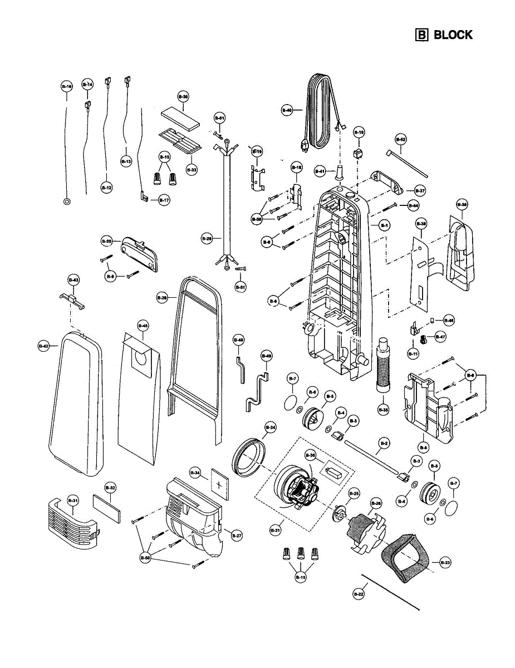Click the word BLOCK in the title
click(x=453, y=35)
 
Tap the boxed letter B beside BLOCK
click(x=422, y=35)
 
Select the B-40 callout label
click(x=287, y=110)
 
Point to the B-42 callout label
click(x=44, y=346)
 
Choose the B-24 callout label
click(x=270, y=428)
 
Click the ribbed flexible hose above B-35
click(x=383, y=367)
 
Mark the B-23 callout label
click(x=444, y=563)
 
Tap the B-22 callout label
click(x=359, y=595)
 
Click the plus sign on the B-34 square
click(x=219, y=485)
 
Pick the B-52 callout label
click(x=400, y=139)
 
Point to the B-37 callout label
click(x=420, y=190)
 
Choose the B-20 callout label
click(x=106, y=241)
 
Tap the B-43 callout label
click(x=73, y=279)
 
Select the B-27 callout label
click(x=237, y=536)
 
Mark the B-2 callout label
click(x=383, y=444)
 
